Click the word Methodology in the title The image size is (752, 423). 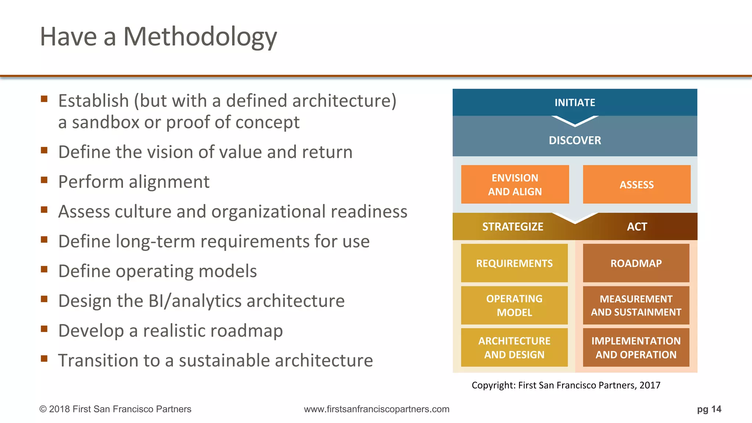click(200, 37)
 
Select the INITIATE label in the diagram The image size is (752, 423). click(575, 102)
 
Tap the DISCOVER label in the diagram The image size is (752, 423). click(575, 140)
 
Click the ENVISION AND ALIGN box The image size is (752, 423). click(515, 184)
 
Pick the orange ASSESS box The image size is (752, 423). click(636, 184)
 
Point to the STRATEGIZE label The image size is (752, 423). click(513, 227)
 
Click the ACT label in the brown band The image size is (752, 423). click(637, 227)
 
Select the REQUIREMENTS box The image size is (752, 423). click(514, 263)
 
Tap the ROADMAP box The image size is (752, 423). click(636, 263)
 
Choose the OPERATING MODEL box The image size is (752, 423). click(514, 305)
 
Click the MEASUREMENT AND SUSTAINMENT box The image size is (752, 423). click(636, 305)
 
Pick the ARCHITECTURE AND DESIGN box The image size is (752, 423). click(514, 347)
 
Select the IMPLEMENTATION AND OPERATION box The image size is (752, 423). click(636, 347)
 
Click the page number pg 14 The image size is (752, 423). click(709, 409)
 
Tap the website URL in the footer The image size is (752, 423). click(376, 409)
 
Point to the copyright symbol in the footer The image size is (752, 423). click(43, 409)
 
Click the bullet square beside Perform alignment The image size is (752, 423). click(44, 180)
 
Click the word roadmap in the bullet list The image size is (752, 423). click(249, 331)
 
